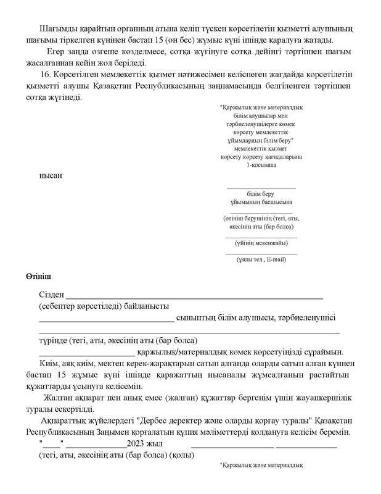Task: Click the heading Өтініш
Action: click(39, 274)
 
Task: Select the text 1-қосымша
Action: click(261, 165)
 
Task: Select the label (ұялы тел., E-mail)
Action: click(261, 259)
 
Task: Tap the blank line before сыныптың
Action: click(107, 319)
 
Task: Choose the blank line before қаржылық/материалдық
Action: click(87, 353)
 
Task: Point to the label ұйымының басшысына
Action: click(261, 201)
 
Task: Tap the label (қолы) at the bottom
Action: click(183, 455)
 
